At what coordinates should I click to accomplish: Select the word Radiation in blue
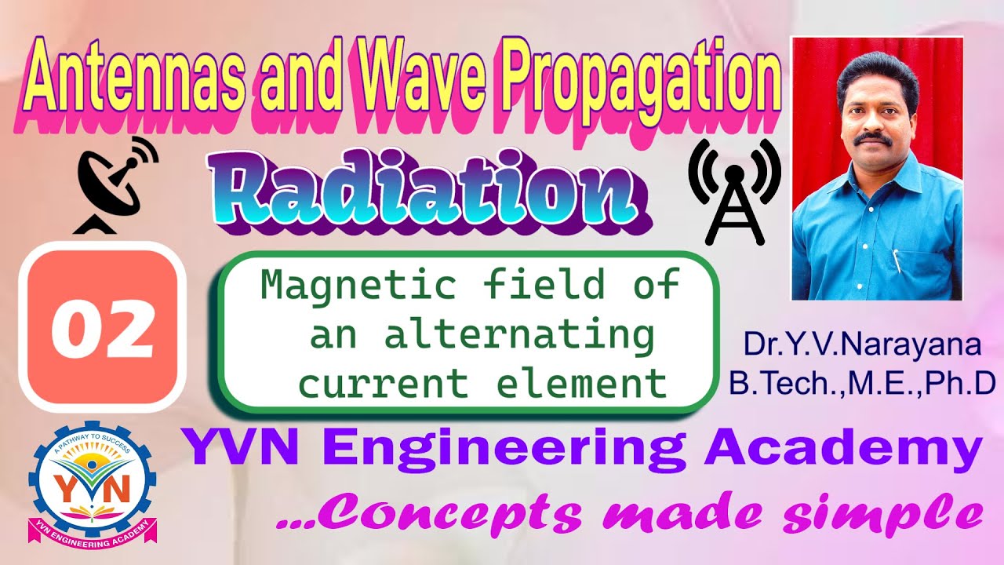(x=424, y=192)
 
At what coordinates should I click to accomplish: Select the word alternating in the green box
(x=519, y=336)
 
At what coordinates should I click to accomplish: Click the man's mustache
(x=873, y=140)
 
